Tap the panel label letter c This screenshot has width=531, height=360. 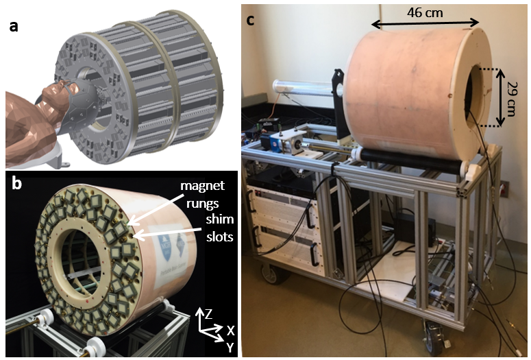(x=251, y=19)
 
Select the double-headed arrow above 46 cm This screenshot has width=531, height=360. (x=425, y=25)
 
